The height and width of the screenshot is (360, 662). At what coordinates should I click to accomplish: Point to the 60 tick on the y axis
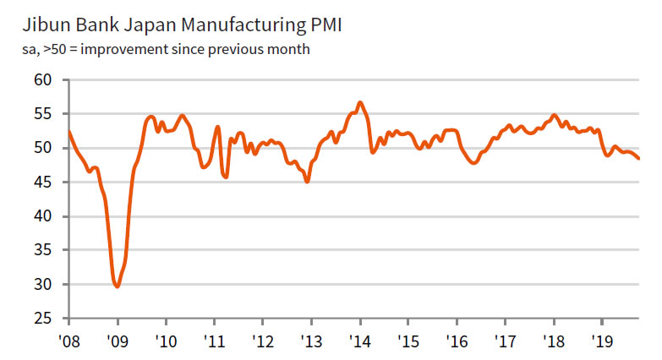coord(43,80)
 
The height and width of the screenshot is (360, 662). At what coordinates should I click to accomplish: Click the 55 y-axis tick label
coord(43,114)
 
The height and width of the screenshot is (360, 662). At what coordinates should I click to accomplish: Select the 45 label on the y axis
coord(43,183)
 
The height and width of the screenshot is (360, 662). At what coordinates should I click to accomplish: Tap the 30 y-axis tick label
coord(43,285)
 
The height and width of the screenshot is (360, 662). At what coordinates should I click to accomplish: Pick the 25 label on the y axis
coord(43,319)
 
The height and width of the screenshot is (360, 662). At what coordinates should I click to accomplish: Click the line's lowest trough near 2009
coord(117,286)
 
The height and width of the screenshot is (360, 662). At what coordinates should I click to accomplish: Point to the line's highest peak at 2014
coord(360,102)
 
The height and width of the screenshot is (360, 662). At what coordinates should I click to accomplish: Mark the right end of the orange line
coord(639,159)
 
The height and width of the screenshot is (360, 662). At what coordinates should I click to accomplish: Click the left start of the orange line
coord(68,131)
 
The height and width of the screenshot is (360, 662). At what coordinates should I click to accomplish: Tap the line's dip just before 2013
coord(307,181)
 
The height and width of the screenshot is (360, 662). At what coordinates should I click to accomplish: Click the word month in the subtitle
coord(292,49)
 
